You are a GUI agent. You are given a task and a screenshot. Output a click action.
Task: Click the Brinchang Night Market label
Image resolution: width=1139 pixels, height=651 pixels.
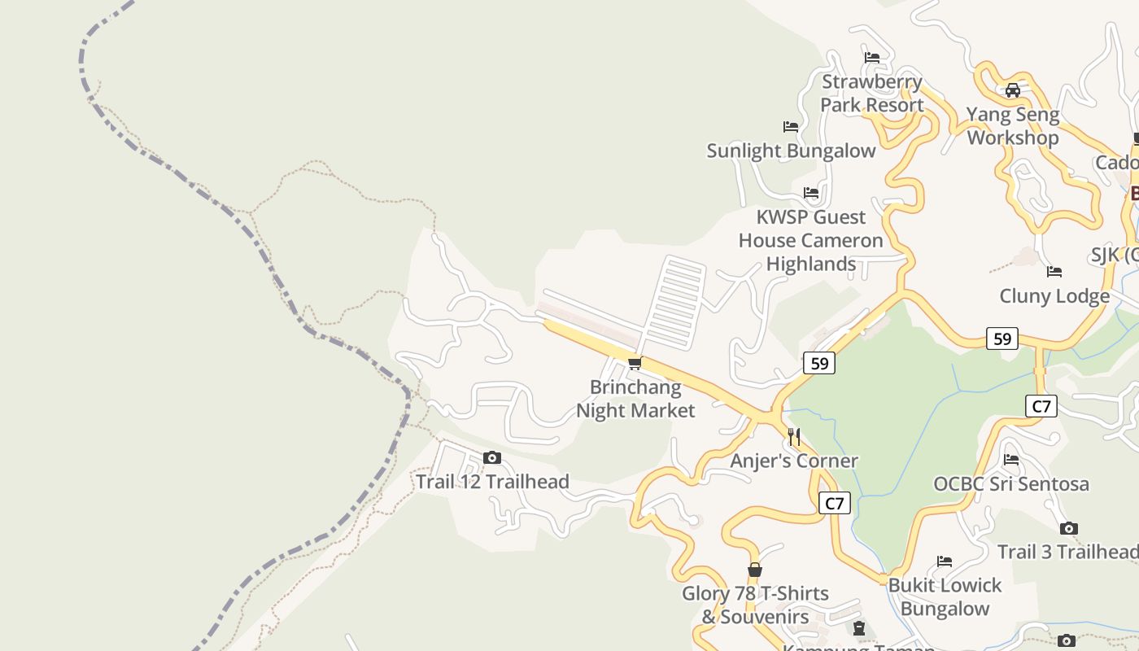pos(635,399)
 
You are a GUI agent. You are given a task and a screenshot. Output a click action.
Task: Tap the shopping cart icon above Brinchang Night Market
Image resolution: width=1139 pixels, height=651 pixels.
pos(635,363)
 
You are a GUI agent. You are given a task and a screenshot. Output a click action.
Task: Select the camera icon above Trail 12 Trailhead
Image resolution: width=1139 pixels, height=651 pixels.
pos(492,458)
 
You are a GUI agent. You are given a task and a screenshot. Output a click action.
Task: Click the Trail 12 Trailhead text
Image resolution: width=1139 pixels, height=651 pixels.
pos(492,482)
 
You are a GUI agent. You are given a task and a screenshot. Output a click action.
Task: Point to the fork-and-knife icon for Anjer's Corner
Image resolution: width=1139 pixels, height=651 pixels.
pos(794,437)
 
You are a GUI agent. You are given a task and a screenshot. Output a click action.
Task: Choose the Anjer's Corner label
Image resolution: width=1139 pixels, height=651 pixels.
pos(794,461)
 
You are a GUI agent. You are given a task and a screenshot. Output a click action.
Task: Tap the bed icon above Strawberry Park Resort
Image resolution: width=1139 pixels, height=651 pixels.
pos(872,58)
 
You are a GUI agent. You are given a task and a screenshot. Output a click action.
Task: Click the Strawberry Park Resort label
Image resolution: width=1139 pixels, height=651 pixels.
pos(871,93)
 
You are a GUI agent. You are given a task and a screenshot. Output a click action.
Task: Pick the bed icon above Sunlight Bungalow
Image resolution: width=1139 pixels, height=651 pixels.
pos(791,127)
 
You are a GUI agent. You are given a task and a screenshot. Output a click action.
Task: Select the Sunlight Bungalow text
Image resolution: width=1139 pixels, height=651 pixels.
pos(791,151)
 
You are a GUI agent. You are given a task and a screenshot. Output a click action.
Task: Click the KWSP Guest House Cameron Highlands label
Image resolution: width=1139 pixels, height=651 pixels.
pos(810,240)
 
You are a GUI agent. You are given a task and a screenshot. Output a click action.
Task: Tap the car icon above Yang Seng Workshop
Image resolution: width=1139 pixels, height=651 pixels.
pos(1013,90)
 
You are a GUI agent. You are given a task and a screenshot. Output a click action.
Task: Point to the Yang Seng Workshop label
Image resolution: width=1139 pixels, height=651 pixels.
pos(1013,126)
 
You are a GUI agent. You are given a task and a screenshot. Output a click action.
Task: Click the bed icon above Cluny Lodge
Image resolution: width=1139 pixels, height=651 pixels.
pos(1054,272)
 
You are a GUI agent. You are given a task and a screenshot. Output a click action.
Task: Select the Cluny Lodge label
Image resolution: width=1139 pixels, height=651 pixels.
pos(1054,295)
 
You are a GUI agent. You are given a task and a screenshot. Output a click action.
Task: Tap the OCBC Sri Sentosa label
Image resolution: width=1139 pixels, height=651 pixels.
pos(1010,484)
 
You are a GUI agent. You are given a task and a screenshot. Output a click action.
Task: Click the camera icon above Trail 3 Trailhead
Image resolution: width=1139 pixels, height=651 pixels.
pos(1069,529)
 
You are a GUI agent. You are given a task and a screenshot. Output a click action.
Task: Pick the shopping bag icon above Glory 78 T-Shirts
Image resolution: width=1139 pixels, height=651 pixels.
pos(755,570)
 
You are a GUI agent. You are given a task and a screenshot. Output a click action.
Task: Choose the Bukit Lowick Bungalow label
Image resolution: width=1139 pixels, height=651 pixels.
pos(945,596)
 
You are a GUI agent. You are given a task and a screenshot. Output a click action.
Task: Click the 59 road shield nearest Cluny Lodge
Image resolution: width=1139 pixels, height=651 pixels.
pos(1002,339)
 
